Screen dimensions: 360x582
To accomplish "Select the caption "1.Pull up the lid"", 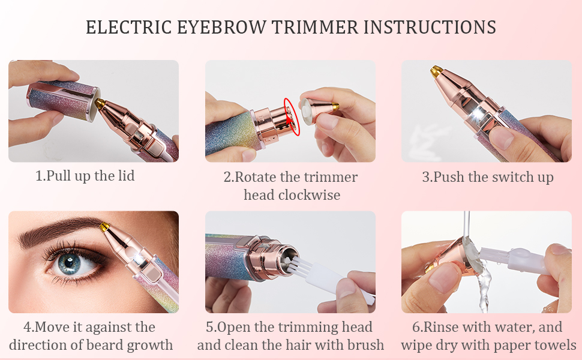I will [85, 176].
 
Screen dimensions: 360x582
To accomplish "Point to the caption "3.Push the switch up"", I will [487, 177].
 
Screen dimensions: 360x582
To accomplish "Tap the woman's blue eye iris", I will [71, 262].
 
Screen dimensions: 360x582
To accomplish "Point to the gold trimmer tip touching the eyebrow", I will [105, 227].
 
